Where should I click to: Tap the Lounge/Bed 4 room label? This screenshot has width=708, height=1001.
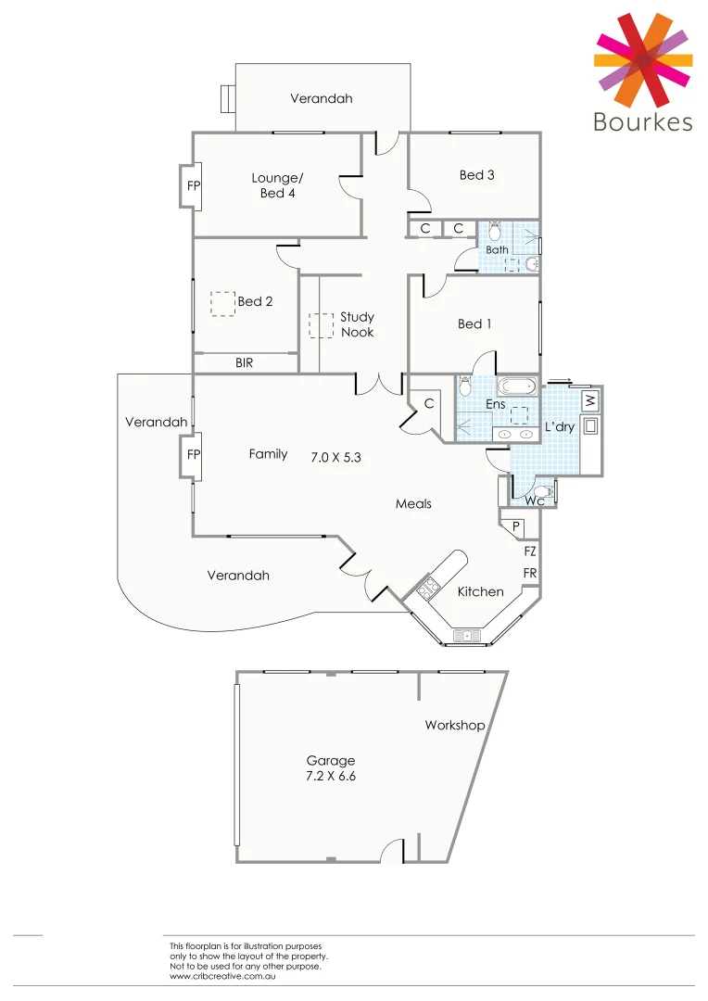pos(277,185)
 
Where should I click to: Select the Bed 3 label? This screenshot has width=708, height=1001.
pos(476,174)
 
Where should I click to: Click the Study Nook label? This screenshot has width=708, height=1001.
pos(357,324)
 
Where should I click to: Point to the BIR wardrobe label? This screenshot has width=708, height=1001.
pos(244,363)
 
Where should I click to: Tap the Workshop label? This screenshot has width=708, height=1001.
pos(454,725)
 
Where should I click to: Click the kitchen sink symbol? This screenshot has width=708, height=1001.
pos(463,635)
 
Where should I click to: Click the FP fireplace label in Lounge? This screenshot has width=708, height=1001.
pos(194,186)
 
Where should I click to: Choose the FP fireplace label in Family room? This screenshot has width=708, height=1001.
pos(194,454)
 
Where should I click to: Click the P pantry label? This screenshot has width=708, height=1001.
pos(516,526)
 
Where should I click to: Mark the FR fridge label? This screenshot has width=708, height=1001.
pos(530,574)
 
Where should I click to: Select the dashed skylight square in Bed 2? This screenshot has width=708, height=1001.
pos(222,304)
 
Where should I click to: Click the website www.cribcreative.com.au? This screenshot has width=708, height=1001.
pos(224,976)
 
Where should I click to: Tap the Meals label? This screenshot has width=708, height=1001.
pos(413,503)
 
